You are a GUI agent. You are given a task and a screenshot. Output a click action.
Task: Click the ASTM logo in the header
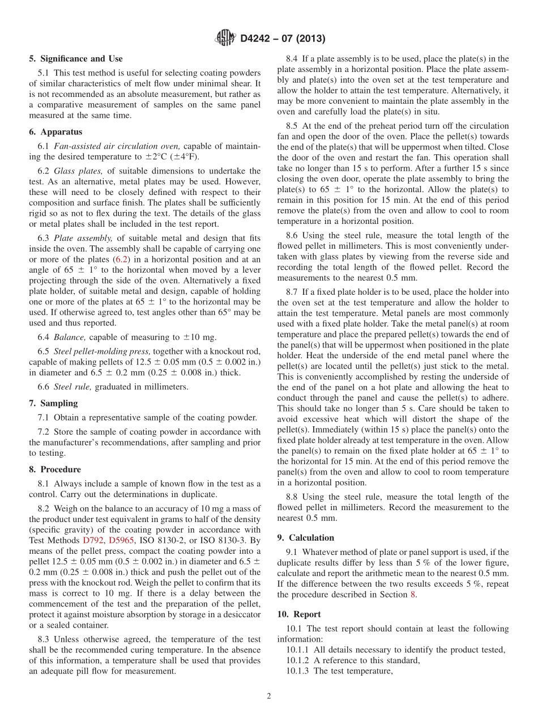[226, 39]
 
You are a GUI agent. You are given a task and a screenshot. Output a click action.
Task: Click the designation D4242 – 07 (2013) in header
[283, 39]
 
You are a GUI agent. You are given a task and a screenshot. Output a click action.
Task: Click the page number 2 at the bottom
[268, 696]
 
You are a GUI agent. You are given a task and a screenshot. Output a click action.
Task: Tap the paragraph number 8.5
[292, 125]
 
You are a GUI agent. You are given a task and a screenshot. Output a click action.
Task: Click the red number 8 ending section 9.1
[412, 595]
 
